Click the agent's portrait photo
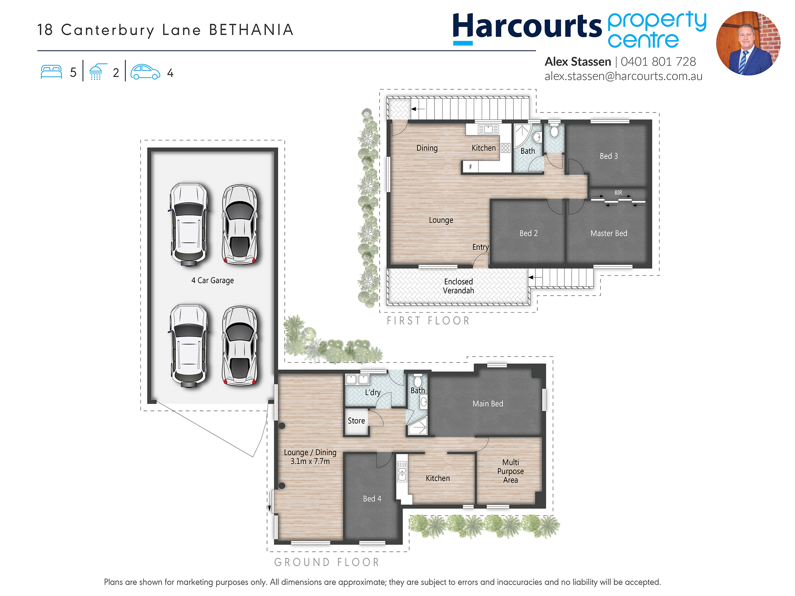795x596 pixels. tap(748, 43)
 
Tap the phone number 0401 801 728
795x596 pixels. tap(658, 62)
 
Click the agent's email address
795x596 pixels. tap(623, 76)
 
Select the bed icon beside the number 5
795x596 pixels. tap(51, 72)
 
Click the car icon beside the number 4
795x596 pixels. tap(145, 72)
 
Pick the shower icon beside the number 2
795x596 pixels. tap(97, 72)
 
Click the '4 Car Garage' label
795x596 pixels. tap(213, 281)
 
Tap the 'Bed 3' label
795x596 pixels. tap(609, 156)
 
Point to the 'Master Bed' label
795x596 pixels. tap(609, 234)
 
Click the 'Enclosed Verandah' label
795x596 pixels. tap(458, 286)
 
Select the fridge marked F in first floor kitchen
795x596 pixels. tap(470, 167)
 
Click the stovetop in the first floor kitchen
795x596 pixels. tap(506, 148)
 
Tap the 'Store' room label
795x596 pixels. tap(356, 421)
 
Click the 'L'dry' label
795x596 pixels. tap(373, 393)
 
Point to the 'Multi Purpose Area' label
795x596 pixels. tap(510, 471)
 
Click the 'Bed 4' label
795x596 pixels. tap(372, 499)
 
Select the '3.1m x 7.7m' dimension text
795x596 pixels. tap(310, 461)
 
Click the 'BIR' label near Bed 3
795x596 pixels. tap(618, 193)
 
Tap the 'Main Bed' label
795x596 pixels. tap(488, 404)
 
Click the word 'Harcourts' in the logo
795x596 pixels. tap(527, 26)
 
